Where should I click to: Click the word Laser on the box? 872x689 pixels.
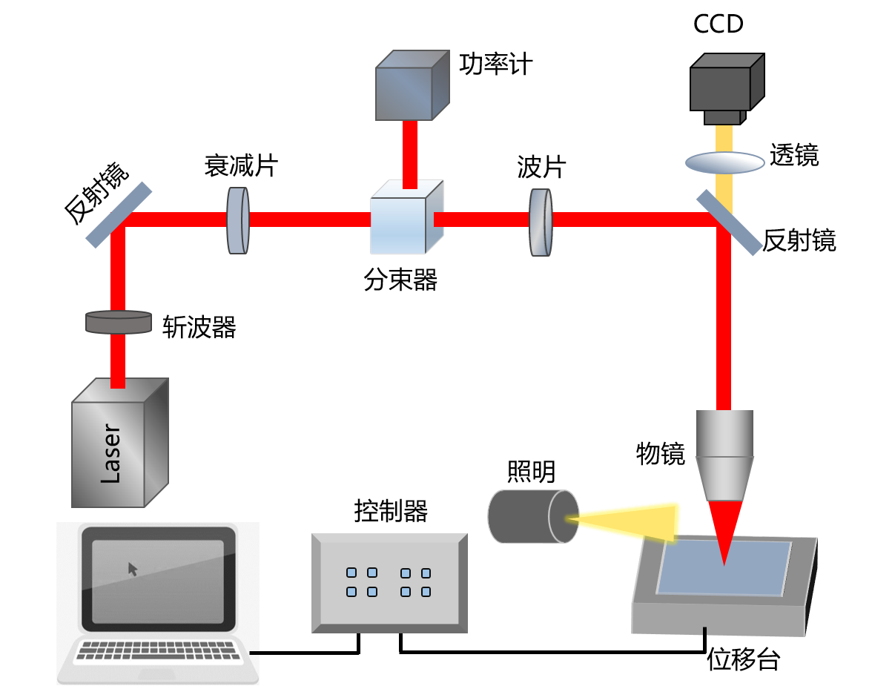[x=110, y=454]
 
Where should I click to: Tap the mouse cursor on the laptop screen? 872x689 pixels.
[x=133, y=569]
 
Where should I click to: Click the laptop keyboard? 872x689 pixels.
[x=159, y=650]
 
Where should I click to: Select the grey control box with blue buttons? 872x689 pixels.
[x=389, y=583]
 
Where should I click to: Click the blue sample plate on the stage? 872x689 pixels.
[x=723, y=568]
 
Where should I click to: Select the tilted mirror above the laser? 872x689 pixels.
[x=119, y=215]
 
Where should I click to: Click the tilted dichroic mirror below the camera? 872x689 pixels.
[x=729, y=222]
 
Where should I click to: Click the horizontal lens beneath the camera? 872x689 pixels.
[x=724, y=162]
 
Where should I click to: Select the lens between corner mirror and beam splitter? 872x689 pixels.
[x=238, y=220]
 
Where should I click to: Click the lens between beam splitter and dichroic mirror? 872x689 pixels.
[x=541, y=222]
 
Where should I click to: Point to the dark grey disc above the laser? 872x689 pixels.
[x=119, y=322]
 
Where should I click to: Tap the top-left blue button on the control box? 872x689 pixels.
[x=351, y=573]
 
